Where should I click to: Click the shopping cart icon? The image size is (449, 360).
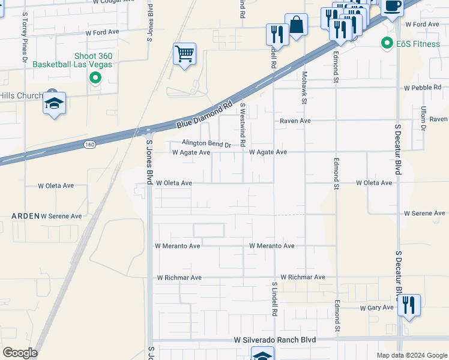185,54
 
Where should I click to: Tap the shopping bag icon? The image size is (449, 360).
296,25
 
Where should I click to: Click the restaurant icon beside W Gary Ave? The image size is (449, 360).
409,305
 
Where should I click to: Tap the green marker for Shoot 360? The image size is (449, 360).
95,77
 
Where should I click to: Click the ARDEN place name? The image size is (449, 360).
25,215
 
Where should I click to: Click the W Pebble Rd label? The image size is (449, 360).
422,88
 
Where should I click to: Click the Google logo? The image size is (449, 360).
20,352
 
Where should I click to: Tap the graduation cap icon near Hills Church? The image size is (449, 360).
54,104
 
